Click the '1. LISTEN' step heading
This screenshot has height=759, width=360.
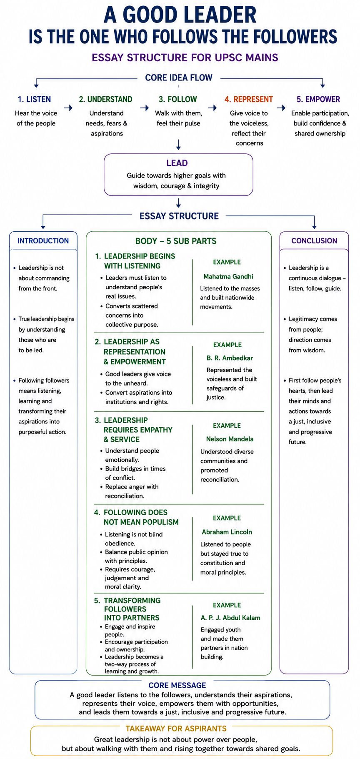tap(34, 99)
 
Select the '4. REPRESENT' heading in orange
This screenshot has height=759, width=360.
tap(249, 99)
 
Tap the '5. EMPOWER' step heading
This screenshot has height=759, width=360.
tap(318, 99)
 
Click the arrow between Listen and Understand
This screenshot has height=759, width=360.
tap(68, 108)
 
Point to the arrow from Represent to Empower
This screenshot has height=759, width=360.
tap(282, 108)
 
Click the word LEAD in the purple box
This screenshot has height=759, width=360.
tap(177, 163)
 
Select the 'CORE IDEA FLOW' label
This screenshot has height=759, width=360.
tap(179, 78)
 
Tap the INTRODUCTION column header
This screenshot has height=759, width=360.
tap(43, 240)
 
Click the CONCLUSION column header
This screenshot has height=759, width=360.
tap(314, 240)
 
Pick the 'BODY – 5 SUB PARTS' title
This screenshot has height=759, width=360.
tap(176, 241)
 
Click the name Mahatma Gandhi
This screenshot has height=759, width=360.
tap(228, 276)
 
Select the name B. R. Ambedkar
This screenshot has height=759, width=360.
tap(230, 358)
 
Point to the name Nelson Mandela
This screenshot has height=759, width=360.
tap(230, 439)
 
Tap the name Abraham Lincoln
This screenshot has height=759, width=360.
tap(227, 532)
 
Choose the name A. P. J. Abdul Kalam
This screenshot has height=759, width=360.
tap(230, 618)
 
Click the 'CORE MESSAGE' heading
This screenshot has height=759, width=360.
tap(177, 685)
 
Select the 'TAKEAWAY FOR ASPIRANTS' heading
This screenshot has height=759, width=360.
tap(176, 729)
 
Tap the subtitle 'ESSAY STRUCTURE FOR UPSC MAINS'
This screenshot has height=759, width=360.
tap(185, 58)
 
